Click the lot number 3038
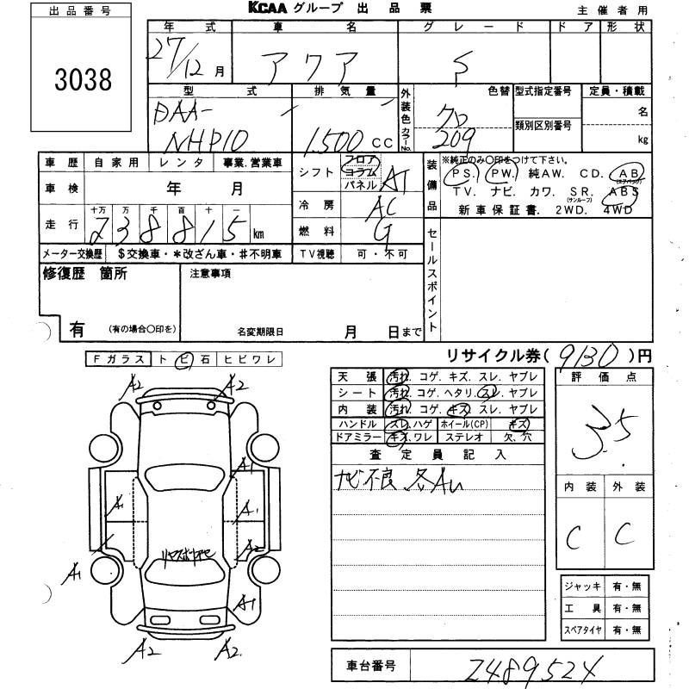[82, 80]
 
